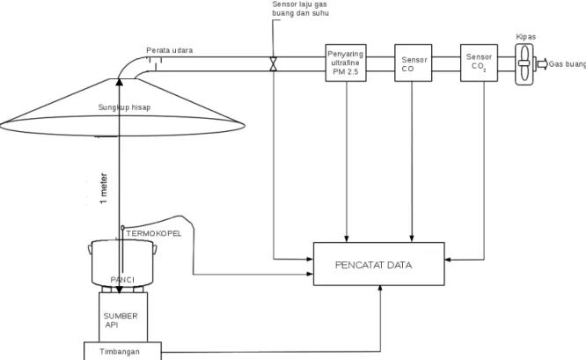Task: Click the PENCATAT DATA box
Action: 378,264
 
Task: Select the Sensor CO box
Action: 414,62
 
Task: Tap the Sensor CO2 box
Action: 479,62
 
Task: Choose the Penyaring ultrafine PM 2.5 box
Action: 346,62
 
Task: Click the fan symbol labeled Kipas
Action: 524,64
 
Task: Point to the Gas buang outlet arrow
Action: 542,64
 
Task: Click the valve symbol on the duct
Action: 273,64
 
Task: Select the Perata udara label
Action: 169,50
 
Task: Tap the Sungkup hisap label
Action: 124,107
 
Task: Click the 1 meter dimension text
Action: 104,188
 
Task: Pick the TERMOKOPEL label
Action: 154,233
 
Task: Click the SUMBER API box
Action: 123,317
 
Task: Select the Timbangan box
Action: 122,351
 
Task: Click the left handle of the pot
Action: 90,248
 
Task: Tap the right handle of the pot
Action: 155,249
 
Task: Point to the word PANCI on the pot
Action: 122,280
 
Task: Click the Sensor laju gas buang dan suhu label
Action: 300,9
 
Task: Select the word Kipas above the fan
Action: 526,37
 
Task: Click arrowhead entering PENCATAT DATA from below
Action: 380,289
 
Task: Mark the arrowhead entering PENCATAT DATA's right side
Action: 448,260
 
